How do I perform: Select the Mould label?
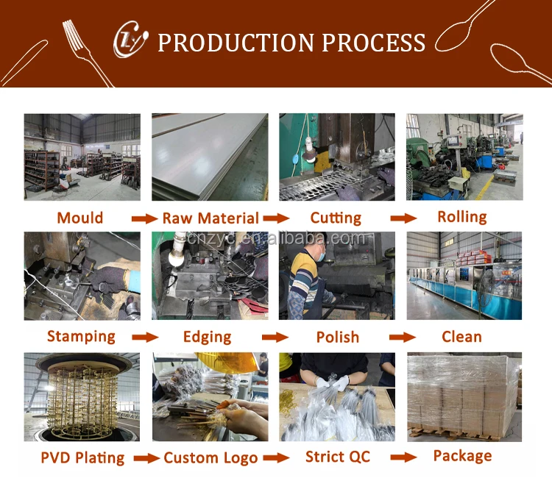click(80, 218)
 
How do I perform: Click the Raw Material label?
click(210, 218)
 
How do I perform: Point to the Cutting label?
click(336, 218)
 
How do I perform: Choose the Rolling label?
click(462, 217)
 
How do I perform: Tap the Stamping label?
click(81, 337)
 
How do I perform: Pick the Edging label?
click(207, 338)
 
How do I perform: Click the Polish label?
click(338, 338)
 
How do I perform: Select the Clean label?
click(461, 337)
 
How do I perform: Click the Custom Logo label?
click(210, 457)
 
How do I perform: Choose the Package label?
click(462, 456)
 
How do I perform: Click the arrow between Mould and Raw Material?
click(144, 218)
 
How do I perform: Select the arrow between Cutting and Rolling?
click(403, 218)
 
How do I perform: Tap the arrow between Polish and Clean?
click(402, 338)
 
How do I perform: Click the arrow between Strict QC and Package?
click(402, 457)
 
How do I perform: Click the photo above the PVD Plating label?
click(82, 397)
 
